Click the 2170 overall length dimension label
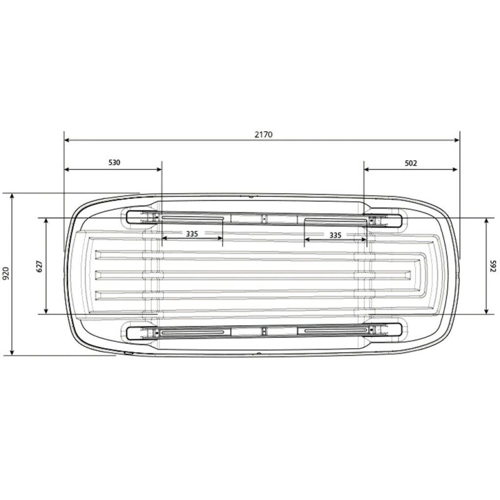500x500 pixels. click(264, 134)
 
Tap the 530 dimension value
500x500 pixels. click(114, 162)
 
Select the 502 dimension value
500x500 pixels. click(411, 163)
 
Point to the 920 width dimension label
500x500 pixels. click(6, 273)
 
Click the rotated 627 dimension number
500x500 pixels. click(39, 266)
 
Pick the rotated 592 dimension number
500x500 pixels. click(493, 266)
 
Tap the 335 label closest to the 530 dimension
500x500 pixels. click(192, 234)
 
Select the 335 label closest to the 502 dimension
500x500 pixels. click(335, 236)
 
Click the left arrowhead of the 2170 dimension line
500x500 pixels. click(67, 140)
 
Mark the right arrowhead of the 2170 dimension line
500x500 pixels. click(457, 140)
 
